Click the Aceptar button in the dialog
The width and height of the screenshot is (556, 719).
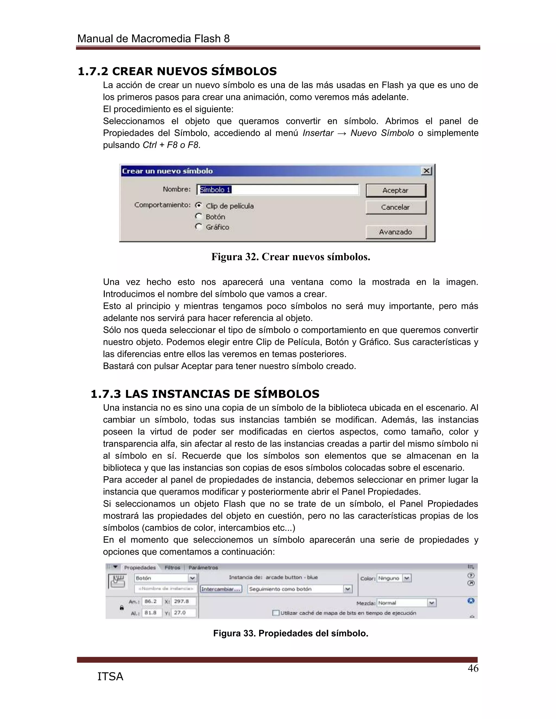coord(396,190)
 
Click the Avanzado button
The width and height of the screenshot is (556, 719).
coord(396,232)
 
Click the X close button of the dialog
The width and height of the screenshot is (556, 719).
coord(427,171)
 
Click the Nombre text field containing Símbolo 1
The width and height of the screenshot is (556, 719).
coord(278,190)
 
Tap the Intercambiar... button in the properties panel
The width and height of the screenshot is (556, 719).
coord(221,589)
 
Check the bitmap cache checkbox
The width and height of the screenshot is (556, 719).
coord(276,613)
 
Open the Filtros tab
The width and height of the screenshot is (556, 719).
coord(172,568)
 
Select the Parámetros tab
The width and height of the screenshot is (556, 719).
coord(203,568)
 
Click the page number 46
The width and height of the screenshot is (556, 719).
coord(473,669)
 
